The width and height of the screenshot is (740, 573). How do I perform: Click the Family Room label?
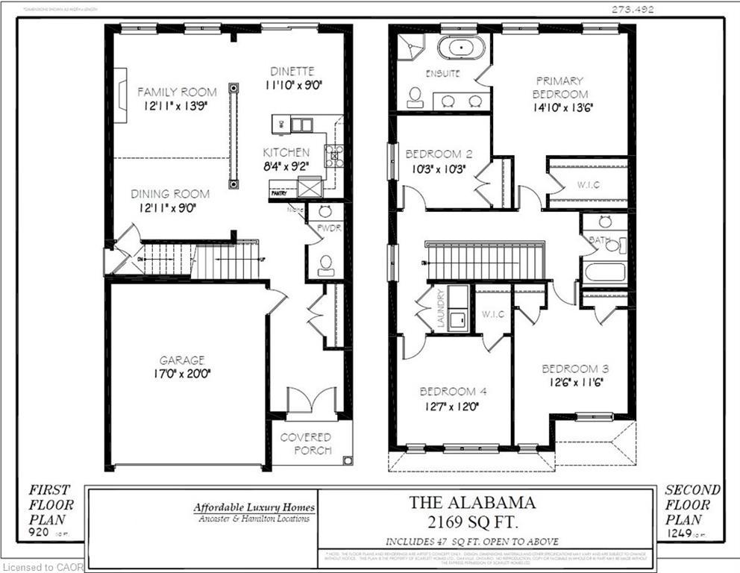tap(177, 92)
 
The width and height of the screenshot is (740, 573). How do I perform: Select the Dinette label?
tap(292, 72)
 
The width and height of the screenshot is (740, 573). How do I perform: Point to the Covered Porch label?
tap(305, 443)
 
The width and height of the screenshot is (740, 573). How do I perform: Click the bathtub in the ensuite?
tap(460, 48)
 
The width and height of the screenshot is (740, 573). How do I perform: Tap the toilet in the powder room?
tap(325, 264)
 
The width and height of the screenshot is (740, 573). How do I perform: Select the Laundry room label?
tap(441, 308)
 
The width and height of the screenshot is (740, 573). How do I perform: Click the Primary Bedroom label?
tap(559, 87)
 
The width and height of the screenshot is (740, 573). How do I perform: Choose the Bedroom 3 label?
tap(570, 369)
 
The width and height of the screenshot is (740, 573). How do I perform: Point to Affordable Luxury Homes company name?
tap(254, 508)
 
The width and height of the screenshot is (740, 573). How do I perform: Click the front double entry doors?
tap(307, 401)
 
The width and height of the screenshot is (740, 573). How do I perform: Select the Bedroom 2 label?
tap(438, 154)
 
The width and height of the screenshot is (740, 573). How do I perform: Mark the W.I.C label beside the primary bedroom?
tap(588, 184)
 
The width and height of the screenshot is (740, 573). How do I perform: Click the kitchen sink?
tap(302, 125)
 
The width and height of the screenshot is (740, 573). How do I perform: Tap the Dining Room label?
tap(170, 194)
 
